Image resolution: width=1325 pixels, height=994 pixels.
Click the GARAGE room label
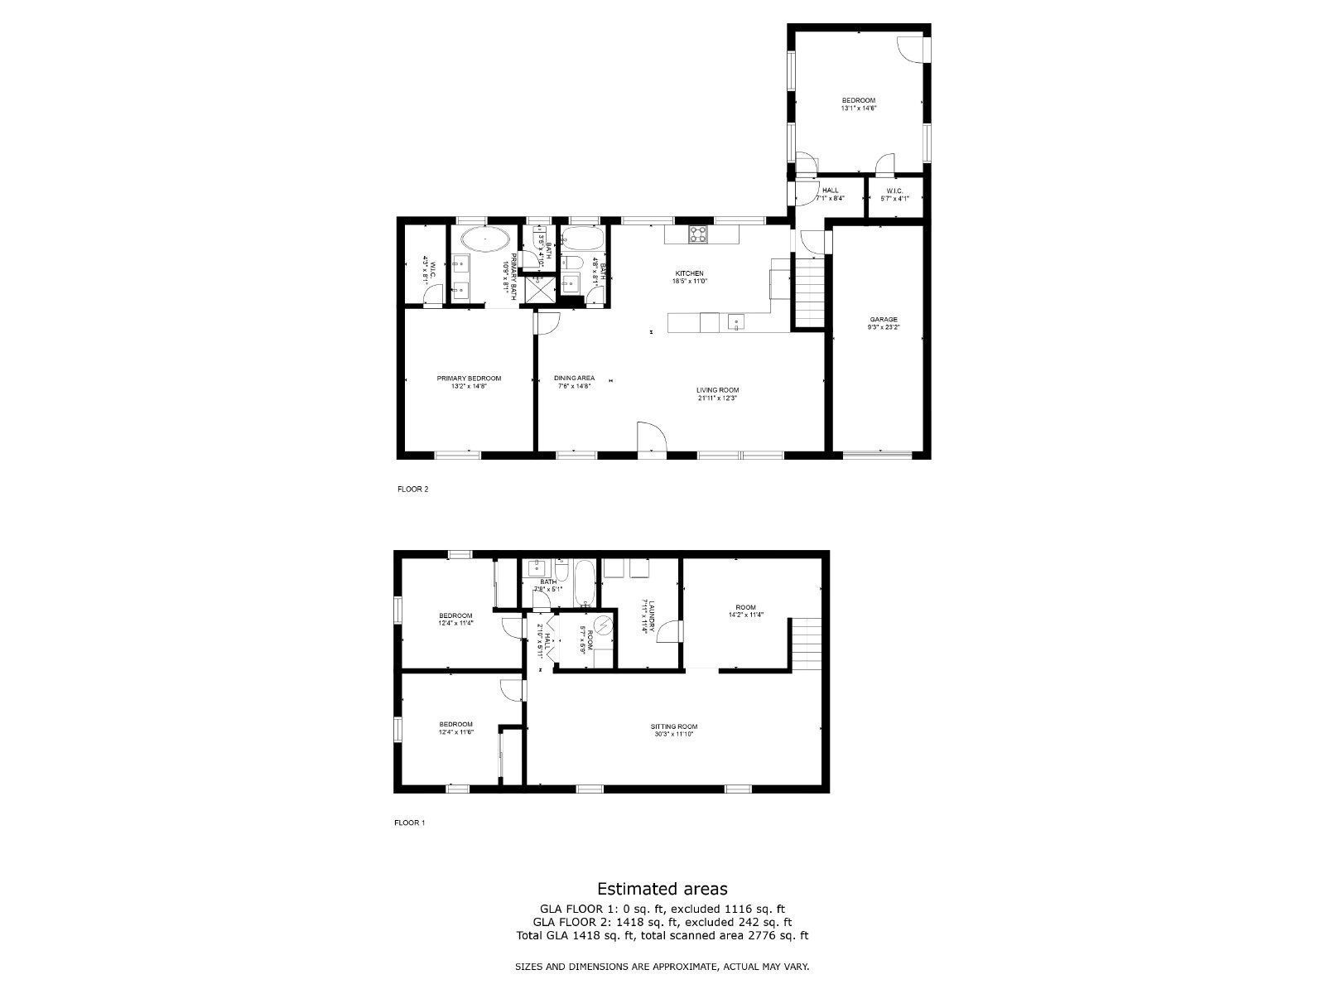pyautogui.click(x=883, y=319)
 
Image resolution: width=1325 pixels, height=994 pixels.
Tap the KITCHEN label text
pyautogui.click(x=689, y=273)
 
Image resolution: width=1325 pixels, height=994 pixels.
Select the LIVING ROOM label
pyautogui.click(x=717, y=390)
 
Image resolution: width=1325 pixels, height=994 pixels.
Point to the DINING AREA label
pyautogui.click(x=574, y=379)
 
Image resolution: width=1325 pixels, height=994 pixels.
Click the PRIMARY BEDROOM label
pyautogui.click(x=469, y=379)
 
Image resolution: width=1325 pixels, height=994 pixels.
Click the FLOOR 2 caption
pyautogui.click(x=413, y=489)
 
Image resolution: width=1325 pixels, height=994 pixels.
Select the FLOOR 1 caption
pyautogui.click(x=409, y=823)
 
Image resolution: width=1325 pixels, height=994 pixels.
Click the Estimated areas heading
pyautogui.click(x=662, y=889)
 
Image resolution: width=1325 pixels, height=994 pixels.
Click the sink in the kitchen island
pyautogui.click(x=734, y=321)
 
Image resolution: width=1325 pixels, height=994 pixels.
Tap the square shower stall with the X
pyautogui.click(x=542, y=290)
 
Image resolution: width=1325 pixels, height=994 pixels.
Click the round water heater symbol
pyautogui.click(x=605, y=625)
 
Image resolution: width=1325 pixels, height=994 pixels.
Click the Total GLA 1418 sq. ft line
pyautogui.click(x=662, y=936)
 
